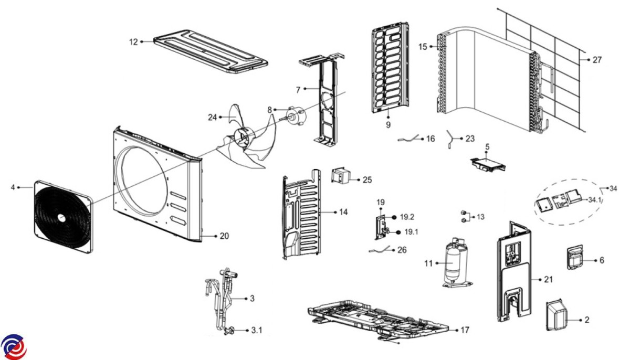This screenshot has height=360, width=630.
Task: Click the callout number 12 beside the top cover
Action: click(133, 42)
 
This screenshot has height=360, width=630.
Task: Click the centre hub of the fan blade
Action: click(243, 137)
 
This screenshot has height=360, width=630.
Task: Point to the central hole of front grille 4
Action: click(61, 217)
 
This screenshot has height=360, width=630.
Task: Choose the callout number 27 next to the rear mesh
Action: click(597, 60)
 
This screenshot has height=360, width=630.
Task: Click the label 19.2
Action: click(407, 217)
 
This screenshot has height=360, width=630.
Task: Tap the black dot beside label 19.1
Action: click(398, 232)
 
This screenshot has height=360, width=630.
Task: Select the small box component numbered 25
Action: click(341, 176)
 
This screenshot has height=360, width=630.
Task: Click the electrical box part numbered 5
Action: click(488, 164)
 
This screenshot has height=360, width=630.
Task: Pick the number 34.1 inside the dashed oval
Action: click(594, 200)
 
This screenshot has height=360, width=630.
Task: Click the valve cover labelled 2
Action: click(557, 315)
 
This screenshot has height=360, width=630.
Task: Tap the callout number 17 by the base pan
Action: click(465, 330)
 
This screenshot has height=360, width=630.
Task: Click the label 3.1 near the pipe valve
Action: click(257, 330)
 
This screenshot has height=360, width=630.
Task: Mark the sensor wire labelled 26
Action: click(380, 250)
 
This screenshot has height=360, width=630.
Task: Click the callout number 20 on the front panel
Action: click(224, 236)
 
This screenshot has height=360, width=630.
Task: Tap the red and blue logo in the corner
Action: click(14, 347)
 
